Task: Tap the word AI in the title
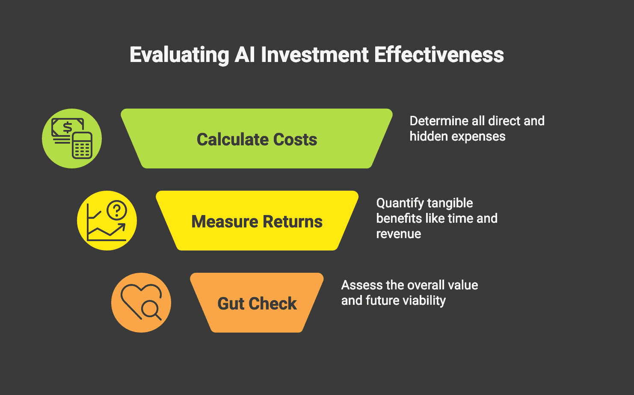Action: point(245,55)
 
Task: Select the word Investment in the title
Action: point(314,55)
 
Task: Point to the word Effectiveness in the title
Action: point(439,55)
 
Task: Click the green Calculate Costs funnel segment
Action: point(257,139)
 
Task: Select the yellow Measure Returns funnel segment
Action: point(257,221)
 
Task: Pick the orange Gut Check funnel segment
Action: point(257,303)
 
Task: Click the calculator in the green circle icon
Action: point(82,146)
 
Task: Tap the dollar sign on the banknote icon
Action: point(67,127)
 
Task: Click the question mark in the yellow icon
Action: point(117,210)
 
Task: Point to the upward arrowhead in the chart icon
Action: point(121,227)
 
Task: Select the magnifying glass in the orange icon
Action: point(151,309)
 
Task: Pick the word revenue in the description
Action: point(399,234)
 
